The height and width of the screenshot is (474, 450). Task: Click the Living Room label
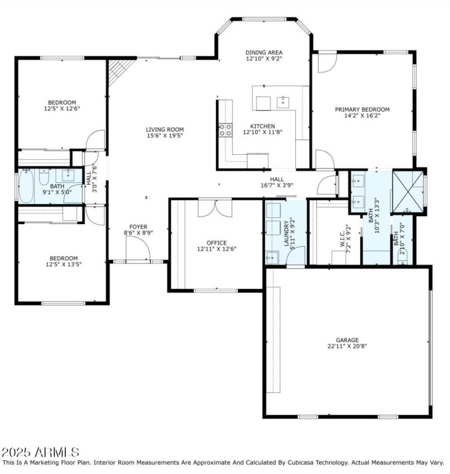pos(165,129)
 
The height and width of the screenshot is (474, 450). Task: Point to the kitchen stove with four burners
pos(226,131)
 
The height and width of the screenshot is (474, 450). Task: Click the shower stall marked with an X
pos(409,190)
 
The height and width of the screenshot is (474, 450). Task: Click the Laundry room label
pos(286,231)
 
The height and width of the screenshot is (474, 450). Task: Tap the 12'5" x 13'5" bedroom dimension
pos(62,264)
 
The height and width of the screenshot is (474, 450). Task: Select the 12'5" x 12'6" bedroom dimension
pos(62,109)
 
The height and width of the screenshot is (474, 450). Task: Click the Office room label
pos(216,243)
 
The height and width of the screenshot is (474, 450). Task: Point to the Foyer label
pos(138,226)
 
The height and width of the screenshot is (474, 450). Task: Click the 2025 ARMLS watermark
pos(40,452)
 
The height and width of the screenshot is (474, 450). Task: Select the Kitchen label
pos(262,126)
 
